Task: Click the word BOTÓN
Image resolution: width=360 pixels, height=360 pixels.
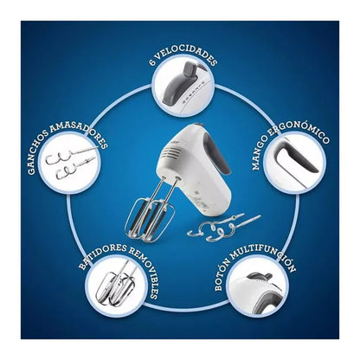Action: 222,276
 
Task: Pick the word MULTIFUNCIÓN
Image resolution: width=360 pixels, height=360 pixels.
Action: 263,254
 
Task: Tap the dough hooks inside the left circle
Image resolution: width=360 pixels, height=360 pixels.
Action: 72,163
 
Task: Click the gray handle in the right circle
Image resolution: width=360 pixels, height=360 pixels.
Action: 295,156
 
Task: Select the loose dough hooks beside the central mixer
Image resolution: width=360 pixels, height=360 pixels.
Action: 222,227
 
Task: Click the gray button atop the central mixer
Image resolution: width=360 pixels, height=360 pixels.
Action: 197,125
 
